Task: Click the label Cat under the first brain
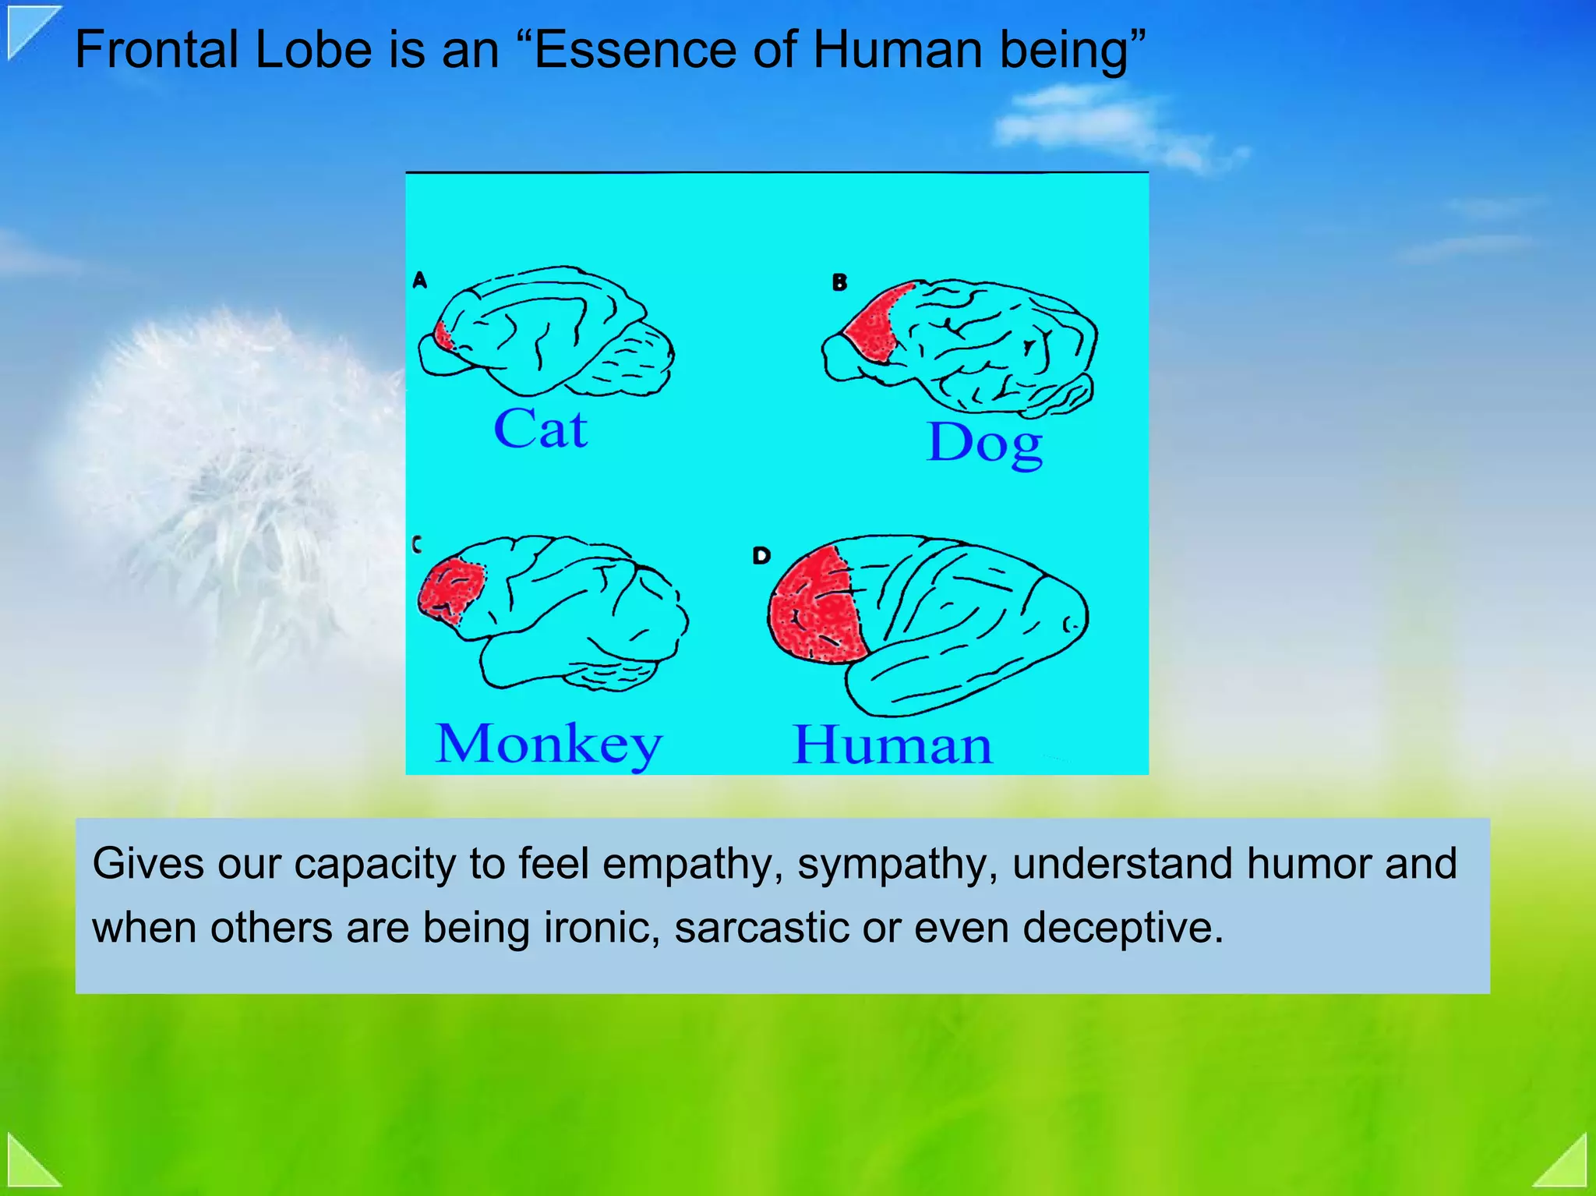(x=540, y=429)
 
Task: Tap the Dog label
(x=984, y=443)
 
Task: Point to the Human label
(x=892, y=745)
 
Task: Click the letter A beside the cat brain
(x=419, y=280)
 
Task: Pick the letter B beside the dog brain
(x=839, y=282)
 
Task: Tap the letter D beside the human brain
(x=761, y=555)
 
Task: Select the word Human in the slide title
(x=898, y=50)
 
